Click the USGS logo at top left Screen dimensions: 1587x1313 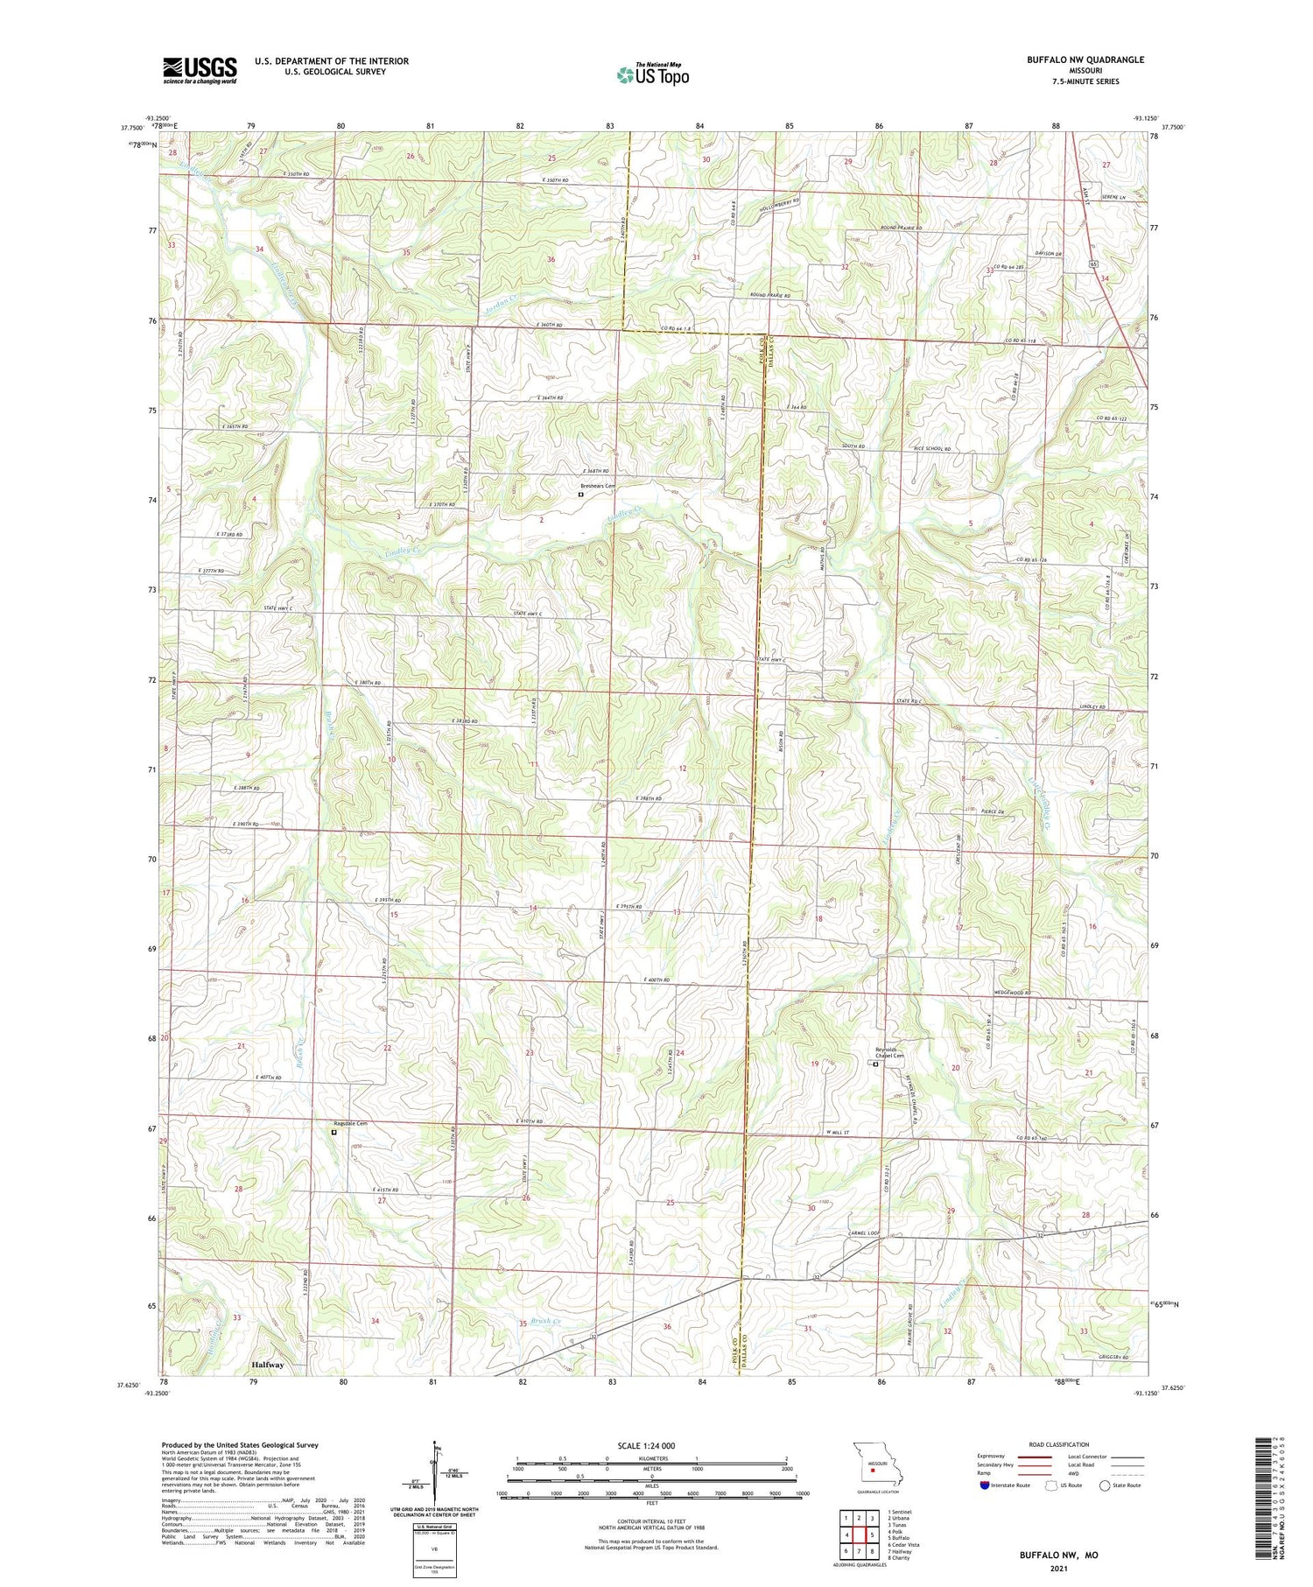click(200, 70)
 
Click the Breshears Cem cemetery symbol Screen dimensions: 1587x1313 click(580, 495)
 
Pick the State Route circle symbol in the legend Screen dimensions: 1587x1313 click(1105, 1485)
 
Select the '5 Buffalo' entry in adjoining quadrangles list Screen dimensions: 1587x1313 click(900, 1537)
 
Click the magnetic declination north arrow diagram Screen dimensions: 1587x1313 click(432, 1472)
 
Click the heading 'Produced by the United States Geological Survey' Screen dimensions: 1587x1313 click(239, 1445)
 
